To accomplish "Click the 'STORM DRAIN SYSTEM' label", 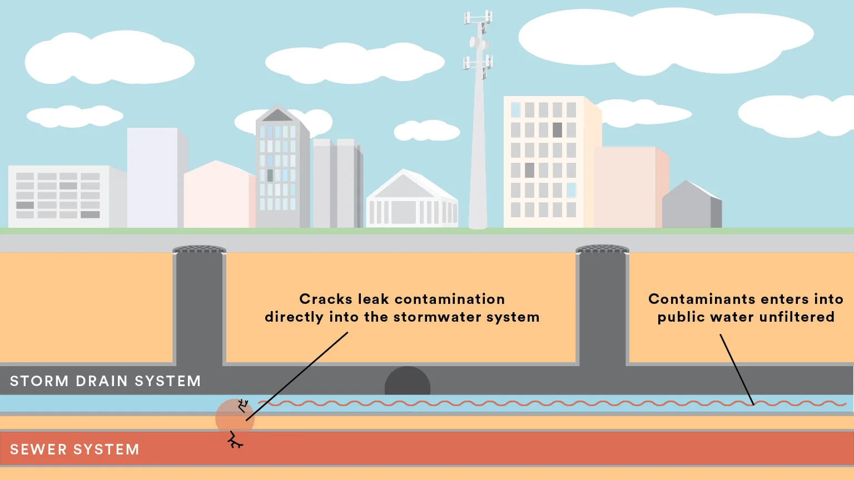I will (105, 381).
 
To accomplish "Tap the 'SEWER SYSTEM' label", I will (75, 449).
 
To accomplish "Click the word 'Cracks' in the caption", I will (326, 299).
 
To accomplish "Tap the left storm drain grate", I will (199, 249).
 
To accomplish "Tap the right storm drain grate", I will (602, 249).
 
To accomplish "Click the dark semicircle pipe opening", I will (408, 382).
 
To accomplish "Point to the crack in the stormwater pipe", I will (242, 405).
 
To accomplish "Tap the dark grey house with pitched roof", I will (692, 206).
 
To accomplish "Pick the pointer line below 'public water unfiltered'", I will (737, 369).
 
